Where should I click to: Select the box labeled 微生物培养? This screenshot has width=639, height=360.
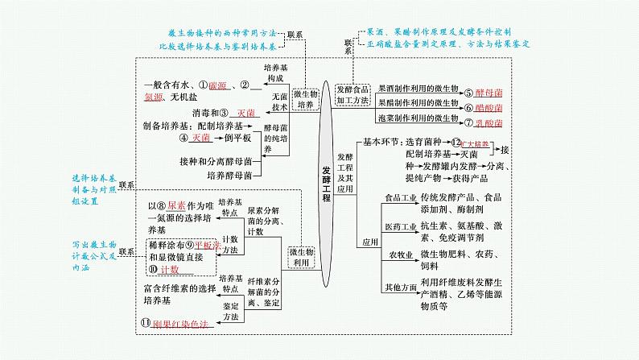click(x=303, y=98)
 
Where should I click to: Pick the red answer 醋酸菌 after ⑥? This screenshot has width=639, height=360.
click(x=489, y=107)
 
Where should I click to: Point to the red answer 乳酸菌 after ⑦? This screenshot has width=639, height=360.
click(x=489, y=122)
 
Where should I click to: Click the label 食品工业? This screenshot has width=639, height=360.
click(x=399, y=219)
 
